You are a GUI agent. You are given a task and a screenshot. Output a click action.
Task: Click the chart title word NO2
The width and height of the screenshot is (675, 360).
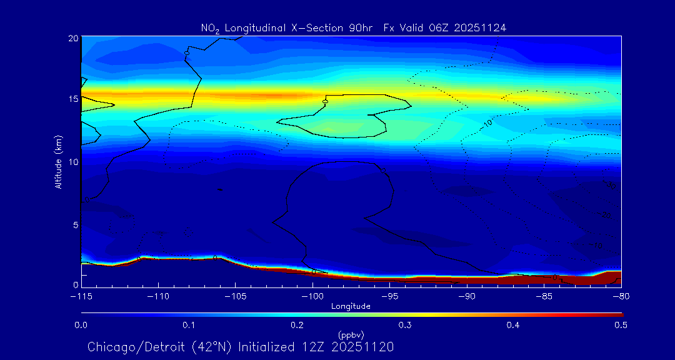209,28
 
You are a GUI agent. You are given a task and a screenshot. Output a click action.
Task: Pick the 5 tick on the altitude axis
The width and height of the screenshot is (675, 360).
74,224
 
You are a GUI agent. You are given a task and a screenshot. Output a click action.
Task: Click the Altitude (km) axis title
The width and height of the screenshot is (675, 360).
58,162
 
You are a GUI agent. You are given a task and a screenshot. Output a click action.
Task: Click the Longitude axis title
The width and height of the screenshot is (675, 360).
351,306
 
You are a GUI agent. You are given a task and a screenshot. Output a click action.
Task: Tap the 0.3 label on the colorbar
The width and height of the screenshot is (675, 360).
405,325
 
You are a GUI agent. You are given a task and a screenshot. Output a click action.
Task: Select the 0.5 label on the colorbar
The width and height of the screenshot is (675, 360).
621,325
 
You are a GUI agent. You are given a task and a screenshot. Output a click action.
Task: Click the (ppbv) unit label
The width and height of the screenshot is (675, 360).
351,335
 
